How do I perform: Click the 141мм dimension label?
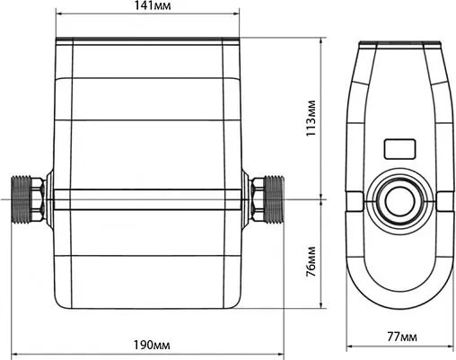coord(152,5)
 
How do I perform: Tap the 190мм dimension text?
coord(152,346)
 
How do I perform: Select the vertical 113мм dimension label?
coord(311,118)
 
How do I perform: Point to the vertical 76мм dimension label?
coord(311,261)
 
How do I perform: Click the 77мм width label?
coord(402,338)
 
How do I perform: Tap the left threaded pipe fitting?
coord(21,199)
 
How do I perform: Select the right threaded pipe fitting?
coord(275,199)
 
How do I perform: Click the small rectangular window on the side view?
coord(399,149)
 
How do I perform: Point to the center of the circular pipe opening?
coord(399,200)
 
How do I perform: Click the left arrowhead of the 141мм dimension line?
coord(59,13)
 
